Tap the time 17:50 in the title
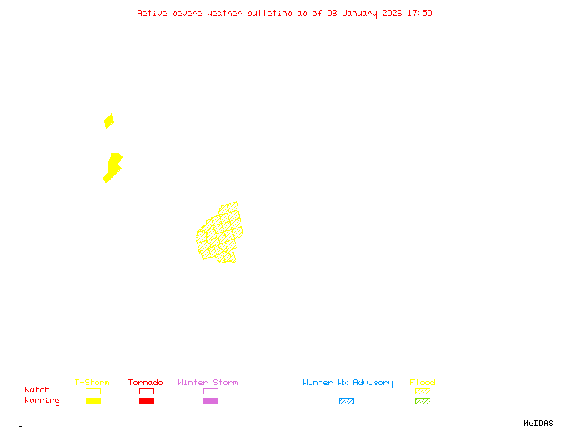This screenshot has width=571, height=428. pos(420,13)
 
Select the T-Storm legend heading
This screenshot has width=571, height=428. pos(92,383)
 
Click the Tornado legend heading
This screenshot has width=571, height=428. pos(146,383)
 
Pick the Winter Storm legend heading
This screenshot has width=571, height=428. pos(208,383)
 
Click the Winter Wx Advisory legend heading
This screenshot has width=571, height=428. pos(348,383)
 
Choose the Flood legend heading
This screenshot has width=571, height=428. pos(423,383)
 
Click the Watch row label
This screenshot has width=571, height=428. pos(37,390)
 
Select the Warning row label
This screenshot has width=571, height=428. pos(42,401)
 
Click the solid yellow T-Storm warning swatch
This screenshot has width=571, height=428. pos(93,401)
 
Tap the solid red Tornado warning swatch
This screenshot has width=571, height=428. pos(146,401)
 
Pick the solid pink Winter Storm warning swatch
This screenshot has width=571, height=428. pos(211,401)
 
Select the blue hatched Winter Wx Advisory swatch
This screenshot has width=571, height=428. pos(346,401)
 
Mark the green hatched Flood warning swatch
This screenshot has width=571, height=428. pos(423,401)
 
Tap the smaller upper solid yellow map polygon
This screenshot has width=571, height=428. pos(108,121)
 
